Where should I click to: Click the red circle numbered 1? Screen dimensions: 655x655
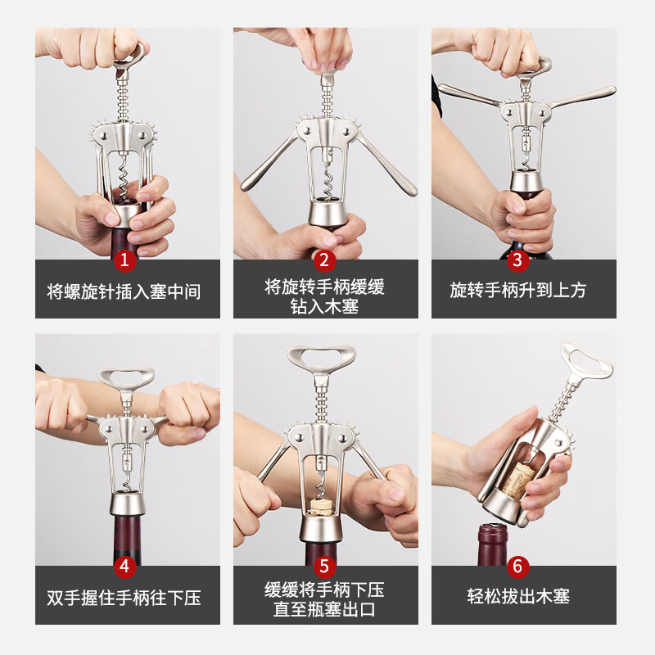click(125, 260)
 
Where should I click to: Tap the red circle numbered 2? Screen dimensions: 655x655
click(325, 260)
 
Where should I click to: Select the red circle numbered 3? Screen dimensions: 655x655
click(517, 260)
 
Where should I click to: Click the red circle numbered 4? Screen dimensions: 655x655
click(125, 566)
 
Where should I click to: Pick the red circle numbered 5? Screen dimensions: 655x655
click(325, 566)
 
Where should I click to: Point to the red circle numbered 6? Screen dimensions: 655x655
click(517, 566)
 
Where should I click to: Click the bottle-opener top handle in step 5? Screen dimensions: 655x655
click(322, 357)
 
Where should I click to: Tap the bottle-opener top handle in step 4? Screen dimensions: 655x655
click(126, 377)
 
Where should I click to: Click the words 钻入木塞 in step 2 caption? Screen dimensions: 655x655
click(324, 307)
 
